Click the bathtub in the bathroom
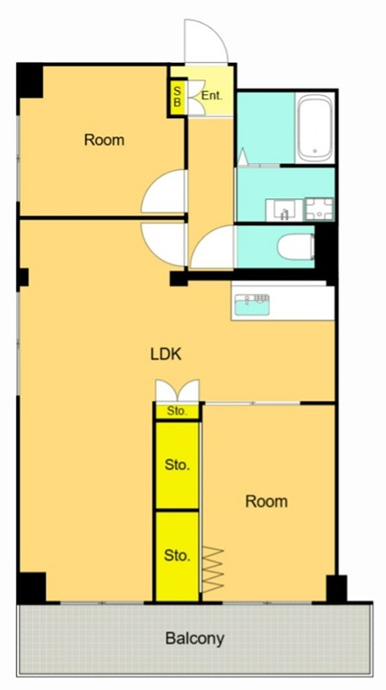(x=314, y=129)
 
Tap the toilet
(x=296, y=246)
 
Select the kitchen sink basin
(x=252, y=304)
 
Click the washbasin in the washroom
(x=284, y=210)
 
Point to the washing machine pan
(x=320, y=209)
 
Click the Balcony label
(x=195, y=638)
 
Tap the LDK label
(x=166, y=354)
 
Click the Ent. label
(x=212, y=96)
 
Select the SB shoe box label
(x=177, y=97)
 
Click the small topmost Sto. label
(x=177, y=412)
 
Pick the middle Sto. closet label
(x=177, y=465)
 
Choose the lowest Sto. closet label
(x=177, y=555)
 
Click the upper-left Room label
(x=104, y=140)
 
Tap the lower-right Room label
(x=266, y=501)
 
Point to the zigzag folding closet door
(x=213, y=569)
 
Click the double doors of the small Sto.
(x=177, y=390)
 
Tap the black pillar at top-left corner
(x=30, y=81)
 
